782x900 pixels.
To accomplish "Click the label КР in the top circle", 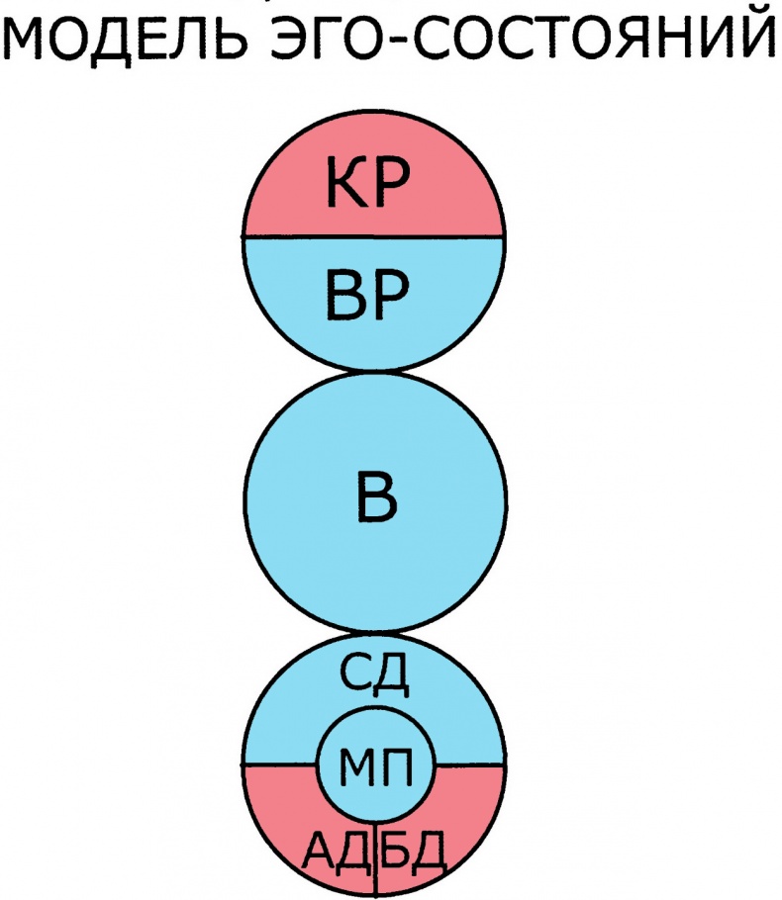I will (368, 187).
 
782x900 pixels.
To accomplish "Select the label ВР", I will (368, 299).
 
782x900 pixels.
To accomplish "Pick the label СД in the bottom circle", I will (375, 676).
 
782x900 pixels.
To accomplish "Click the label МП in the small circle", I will (374, 765).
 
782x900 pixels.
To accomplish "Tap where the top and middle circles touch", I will (375, 372).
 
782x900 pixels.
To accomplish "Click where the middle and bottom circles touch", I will (375, 633).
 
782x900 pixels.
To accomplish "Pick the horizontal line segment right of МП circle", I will (471, 765).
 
